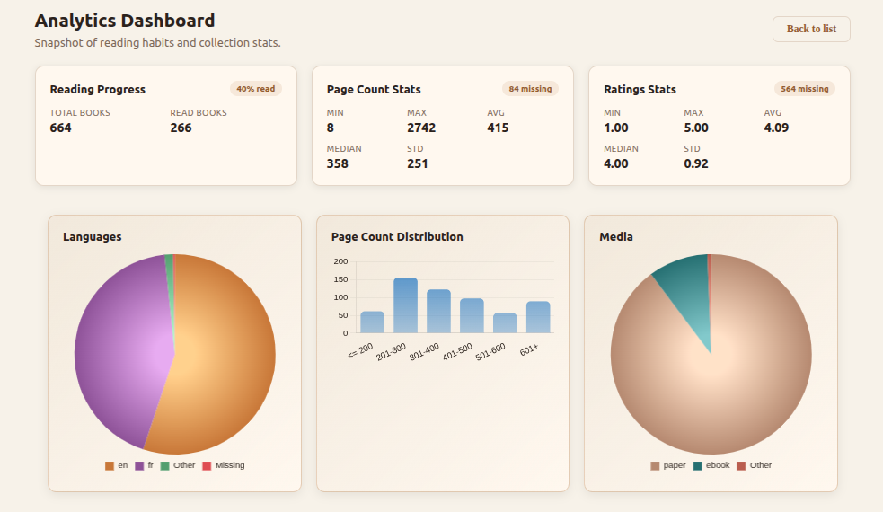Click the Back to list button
(811, 29)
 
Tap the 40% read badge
(256, 89)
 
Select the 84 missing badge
(530, 89)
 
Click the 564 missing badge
(804, 89)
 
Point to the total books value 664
(61, 128)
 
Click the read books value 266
(181, 128)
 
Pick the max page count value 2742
(421, 128)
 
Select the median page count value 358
(338, 163)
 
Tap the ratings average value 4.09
(776, 128)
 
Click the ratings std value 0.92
(696, 163)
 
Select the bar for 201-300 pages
(405, 305)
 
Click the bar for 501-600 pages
(505, 323)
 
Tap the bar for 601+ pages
(538, 317)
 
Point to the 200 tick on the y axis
(340, 261)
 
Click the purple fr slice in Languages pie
(112, 350)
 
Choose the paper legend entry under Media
(668, 465)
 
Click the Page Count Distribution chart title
(397, 237)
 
